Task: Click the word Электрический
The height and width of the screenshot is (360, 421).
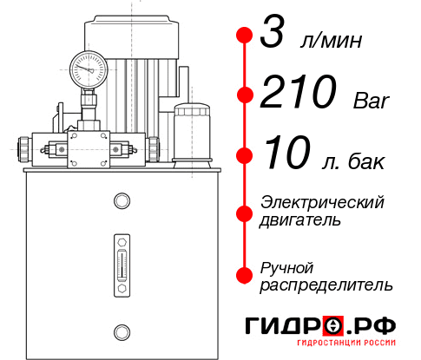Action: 322,201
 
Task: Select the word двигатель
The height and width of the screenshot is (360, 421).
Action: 300,220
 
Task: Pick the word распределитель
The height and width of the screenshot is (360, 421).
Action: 326,285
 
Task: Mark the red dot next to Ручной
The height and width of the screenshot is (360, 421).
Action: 245,275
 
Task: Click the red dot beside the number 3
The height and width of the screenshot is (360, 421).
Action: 245,36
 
